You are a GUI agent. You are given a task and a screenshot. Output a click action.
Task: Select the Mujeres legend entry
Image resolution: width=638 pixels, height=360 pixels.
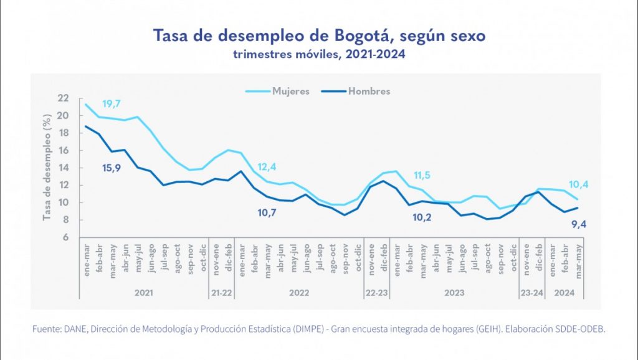290,92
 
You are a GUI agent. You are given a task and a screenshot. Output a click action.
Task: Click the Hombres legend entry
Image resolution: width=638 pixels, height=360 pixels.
369,92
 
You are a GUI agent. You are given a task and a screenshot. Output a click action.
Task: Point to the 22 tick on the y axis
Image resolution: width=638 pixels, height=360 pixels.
62,98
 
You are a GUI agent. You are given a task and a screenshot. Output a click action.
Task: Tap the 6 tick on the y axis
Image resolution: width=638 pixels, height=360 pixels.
65,237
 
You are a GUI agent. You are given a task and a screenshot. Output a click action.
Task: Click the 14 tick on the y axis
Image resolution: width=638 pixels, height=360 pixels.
62,168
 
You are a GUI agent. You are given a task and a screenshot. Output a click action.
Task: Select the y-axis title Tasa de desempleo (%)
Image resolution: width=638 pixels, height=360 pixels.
46,168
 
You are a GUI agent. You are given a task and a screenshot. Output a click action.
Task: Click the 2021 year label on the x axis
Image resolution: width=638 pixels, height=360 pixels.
144,291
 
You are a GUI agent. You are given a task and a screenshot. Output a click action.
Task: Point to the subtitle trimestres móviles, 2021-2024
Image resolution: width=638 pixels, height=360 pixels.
319,54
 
